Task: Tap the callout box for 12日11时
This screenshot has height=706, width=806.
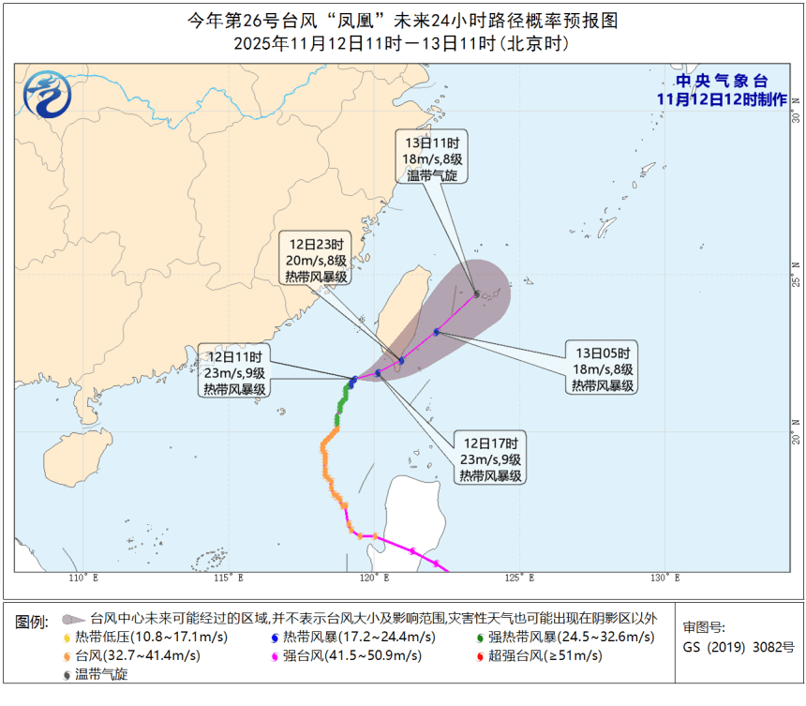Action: (234, 372)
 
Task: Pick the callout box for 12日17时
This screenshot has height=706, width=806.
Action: (491, 458)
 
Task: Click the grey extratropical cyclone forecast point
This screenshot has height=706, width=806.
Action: (477, 294)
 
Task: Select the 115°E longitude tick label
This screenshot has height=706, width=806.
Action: (230, 578)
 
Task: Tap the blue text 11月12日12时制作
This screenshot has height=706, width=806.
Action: (721, 99)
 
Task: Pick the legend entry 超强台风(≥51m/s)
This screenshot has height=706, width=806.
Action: (544, 655)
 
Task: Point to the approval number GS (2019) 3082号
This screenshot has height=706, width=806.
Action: (738, 647)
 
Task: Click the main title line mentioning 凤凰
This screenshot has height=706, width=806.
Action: (402, 21)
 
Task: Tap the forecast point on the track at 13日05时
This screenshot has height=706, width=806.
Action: (437, 332)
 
